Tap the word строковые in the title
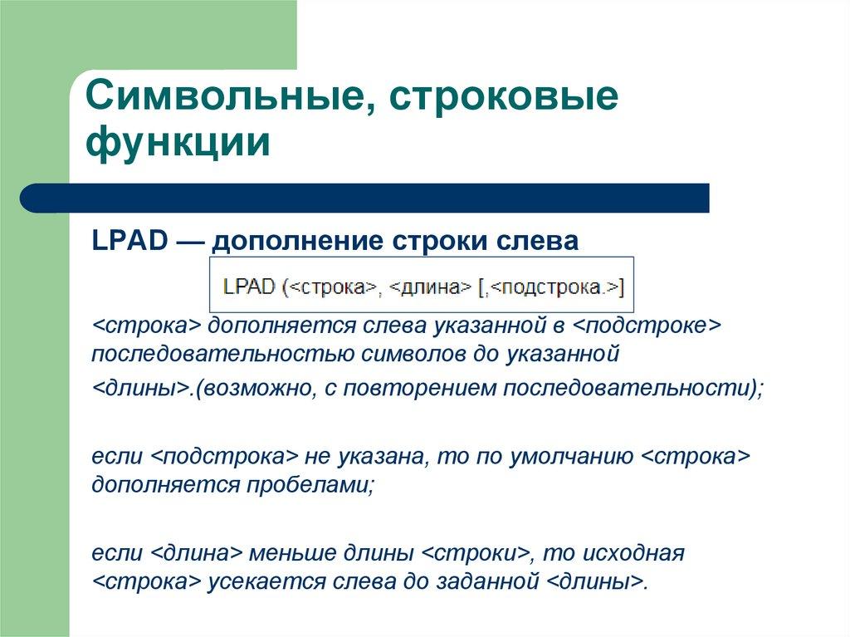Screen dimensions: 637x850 (x=506, y=98)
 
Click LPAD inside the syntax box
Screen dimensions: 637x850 (x=249, y=287)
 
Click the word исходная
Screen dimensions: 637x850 (x=634, y=552)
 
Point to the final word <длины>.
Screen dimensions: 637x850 (x=596, y=581)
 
